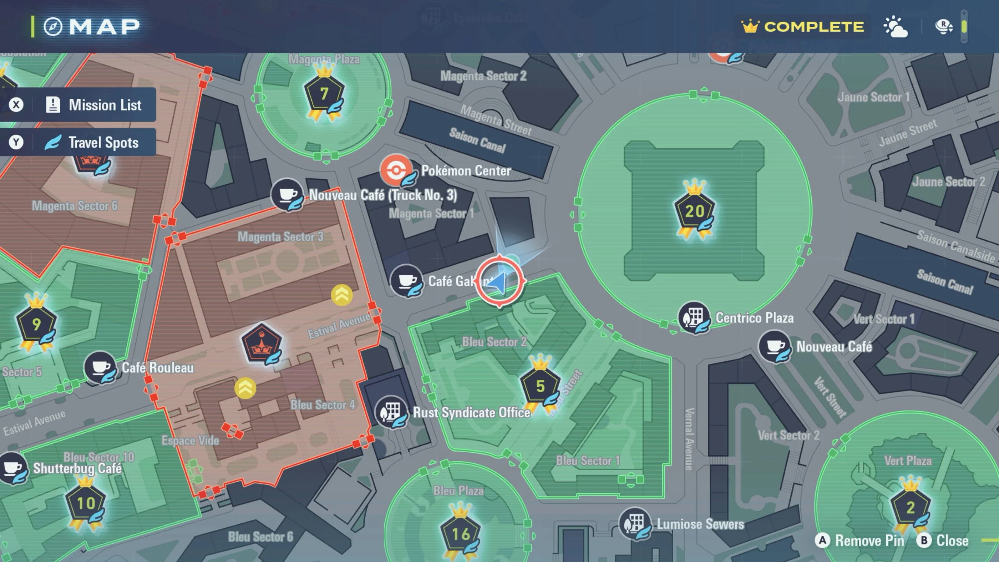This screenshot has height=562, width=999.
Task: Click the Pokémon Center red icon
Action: point(396,170)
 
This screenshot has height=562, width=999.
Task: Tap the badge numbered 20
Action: point(695,211)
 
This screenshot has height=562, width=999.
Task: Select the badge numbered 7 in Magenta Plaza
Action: point(324,94)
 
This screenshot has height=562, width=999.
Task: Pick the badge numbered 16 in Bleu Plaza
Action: point(460,534)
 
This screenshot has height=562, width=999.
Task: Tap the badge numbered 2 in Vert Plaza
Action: point(910,507)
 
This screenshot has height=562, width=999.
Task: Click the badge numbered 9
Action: point(36,324)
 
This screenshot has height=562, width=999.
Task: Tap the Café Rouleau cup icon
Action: point(100,367)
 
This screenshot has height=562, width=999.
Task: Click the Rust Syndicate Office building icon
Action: point(391,412)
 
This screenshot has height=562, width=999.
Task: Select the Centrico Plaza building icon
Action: point(694,317)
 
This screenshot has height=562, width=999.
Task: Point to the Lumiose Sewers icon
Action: point(635,523)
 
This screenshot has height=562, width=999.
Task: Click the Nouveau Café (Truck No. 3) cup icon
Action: point(287,194)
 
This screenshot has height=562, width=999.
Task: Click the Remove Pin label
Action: point(869,541)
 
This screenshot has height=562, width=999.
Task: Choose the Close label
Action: point(952,541)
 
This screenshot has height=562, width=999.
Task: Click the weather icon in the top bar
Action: point(895,27)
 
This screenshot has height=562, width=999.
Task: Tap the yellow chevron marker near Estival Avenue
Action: point(342,295)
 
